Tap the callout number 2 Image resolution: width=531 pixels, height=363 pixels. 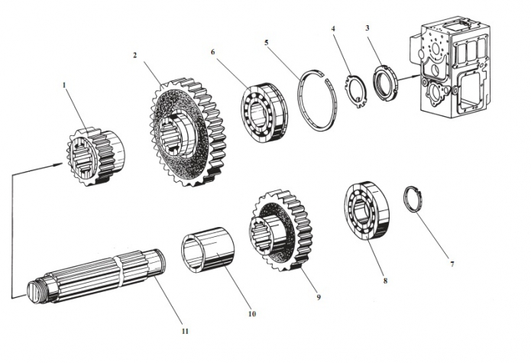134,56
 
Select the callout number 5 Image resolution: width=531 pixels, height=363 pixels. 266,44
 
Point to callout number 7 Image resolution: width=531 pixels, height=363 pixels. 451,264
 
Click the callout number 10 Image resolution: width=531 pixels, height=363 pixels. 252,313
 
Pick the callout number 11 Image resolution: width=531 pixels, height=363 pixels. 184,331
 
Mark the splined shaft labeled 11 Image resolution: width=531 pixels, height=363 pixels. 99,278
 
